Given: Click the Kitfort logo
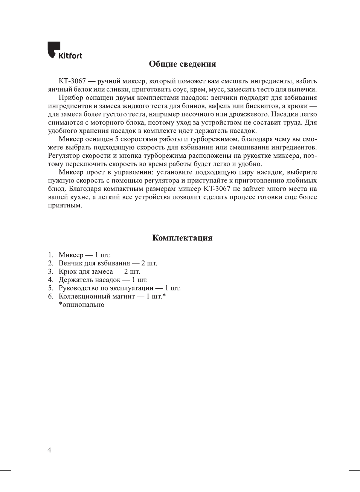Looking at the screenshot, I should click(64, 51).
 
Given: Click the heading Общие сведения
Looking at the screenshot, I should click(182, 64).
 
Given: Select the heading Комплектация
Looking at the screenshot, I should click(182, 238).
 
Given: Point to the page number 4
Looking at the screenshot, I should click(49, 450).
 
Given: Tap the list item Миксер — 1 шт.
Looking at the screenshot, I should click(84, 255).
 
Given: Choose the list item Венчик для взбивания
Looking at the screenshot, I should click(94, 263).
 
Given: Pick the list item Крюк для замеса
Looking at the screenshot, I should click(86, 271).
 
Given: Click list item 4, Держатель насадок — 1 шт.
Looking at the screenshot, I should click(103, 280).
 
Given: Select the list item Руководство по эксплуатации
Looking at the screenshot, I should click(106, 288).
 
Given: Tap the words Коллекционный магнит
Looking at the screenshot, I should click(97, 296).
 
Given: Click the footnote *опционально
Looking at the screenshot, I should click(81, 305).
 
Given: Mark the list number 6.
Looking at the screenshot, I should click(50, 296).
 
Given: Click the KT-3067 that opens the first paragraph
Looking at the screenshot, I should click(72, 81).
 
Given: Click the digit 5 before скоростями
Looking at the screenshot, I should click(117, 139).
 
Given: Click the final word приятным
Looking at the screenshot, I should click(65, 206).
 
